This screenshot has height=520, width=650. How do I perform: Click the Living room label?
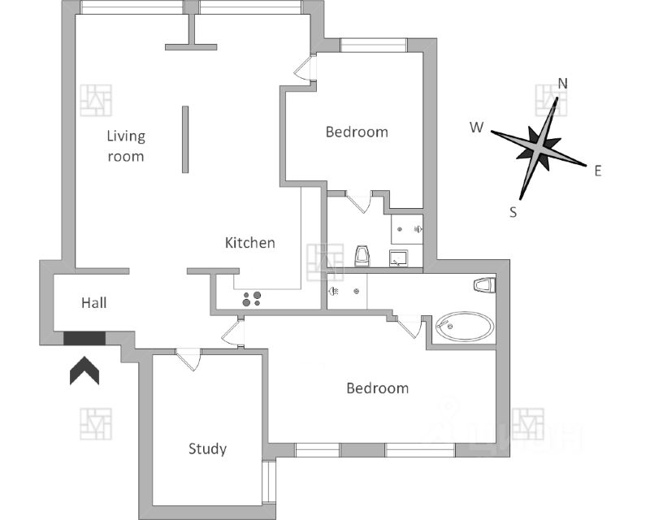pos(126,145)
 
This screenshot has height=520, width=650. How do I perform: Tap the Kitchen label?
pos(250,243)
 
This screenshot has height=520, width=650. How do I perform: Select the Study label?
pos(207,448)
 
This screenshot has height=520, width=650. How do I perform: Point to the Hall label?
pos(94,303)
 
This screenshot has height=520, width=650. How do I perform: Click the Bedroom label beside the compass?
pos(357,132)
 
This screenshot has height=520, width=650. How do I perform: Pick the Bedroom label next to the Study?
pos(377,388)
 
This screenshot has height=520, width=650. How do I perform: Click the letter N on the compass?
pos(562,84)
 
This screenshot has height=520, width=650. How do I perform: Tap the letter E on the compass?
pos(597,171)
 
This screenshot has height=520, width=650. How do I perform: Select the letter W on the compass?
pos(477,128)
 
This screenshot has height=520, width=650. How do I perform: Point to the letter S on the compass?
pos(513,212)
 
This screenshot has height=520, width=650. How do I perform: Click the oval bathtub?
pos(464,327)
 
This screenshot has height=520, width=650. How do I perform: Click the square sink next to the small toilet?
pos(399,259)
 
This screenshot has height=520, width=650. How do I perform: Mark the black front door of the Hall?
pos(84,337)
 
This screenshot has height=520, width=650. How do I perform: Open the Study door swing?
pos(188,358)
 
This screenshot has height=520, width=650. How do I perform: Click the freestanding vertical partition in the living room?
pos(185,139)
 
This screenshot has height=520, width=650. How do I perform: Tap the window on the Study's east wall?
pos(269,483)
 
